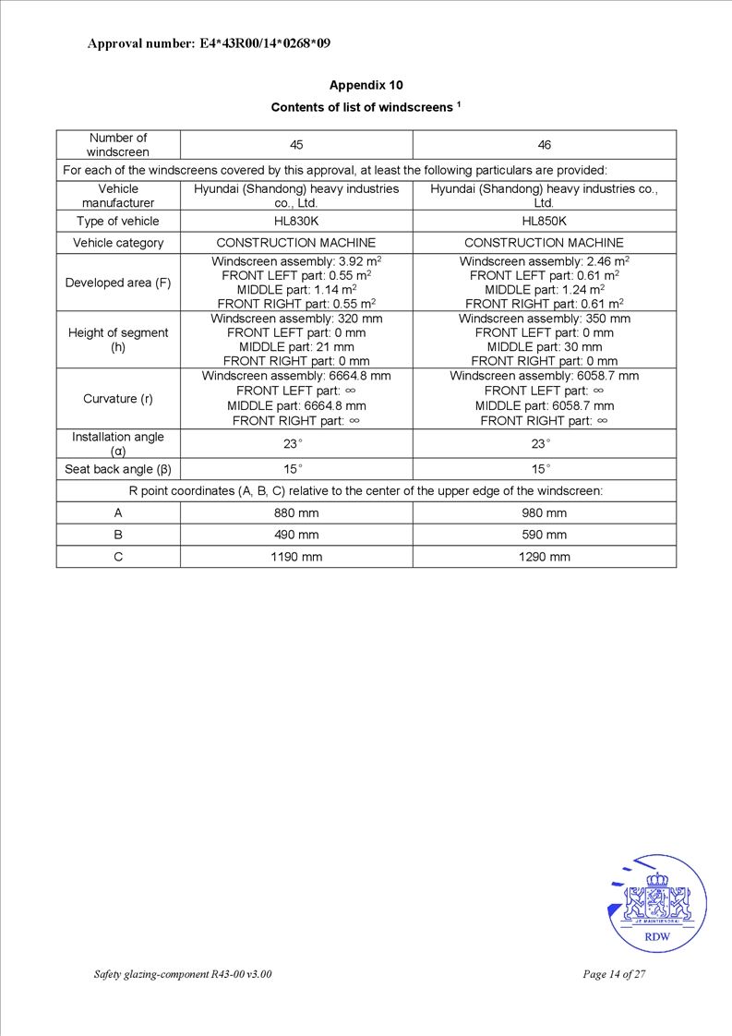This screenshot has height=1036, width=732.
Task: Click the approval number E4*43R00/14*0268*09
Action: [x=209, y=42]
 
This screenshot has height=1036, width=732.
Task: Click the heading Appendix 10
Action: [x=366, y=85]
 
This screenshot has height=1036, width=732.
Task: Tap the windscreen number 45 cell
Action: [x=296, y=145]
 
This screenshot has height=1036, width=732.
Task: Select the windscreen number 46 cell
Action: [x=545, y=145]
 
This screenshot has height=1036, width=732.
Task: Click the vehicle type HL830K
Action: [x=296, y=222]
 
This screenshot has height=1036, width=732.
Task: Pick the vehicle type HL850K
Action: [x=545, y=222]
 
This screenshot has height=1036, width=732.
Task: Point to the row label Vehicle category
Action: [x=118, y=243]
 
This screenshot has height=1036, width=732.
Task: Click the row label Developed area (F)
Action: [x=118, y=283]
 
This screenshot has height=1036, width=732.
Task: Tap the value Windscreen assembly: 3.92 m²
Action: [x=296, y=261]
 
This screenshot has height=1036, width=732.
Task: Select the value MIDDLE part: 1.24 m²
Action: [x=545, y=289]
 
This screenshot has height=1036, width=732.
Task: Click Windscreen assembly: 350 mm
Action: [x=545, y=319]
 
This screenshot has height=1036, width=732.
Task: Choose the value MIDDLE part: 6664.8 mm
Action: [x=296, y=405]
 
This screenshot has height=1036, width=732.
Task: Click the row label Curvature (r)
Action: [x=118, y=399]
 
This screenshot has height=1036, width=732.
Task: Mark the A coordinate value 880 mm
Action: [x=296, y=512]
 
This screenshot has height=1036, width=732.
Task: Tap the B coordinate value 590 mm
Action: [x=545, y=535]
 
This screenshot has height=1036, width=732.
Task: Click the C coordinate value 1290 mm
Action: [x=545, y=557]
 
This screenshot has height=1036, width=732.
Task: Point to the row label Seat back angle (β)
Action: [x=118, y=469]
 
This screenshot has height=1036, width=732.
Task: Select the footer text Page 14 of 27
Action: [x=614, y=974]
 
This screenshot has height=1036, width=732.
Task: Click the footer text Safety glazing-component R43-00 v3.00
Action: [x=183, y=974]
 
